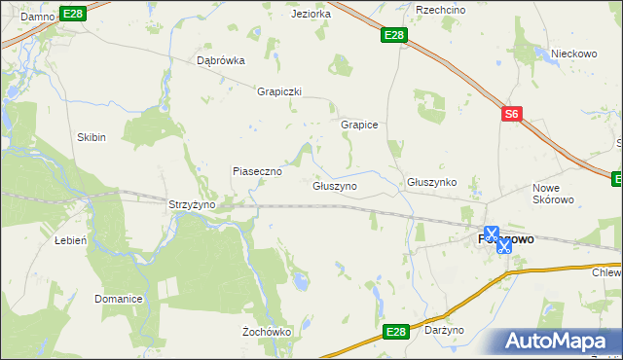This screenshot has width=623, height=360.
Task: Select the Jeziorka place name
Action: click(311, 15)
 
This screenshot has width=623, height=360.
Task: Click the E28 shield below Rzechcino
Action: click(393, 36)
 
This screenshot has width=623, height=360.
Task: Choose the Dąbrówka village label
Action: click(221, 59)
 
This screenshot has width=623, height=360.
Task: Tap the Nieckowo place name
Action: click(573, 54)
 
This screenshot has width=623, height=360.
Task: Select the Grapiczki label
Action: click(279, 91)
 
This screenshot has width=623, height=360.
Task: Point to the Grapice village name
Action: click(359, 126)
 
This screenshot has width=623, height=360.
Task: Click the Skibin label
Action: click(92, 137)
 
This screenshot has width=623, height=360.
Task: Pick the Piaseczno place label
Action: click(257, 171)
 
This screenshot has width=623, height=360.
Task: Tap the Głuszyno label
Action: click(335, 185)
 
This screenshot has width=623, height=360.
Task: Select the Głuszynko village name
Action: click(432, 182)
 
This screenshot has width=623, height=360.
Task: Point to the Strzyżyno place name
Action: click(191, 204)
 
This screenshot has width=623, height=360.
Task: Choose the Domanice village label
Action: click(119, 298)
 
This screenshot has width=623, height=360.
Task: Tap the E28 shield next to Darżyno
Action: click(394, 333)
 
